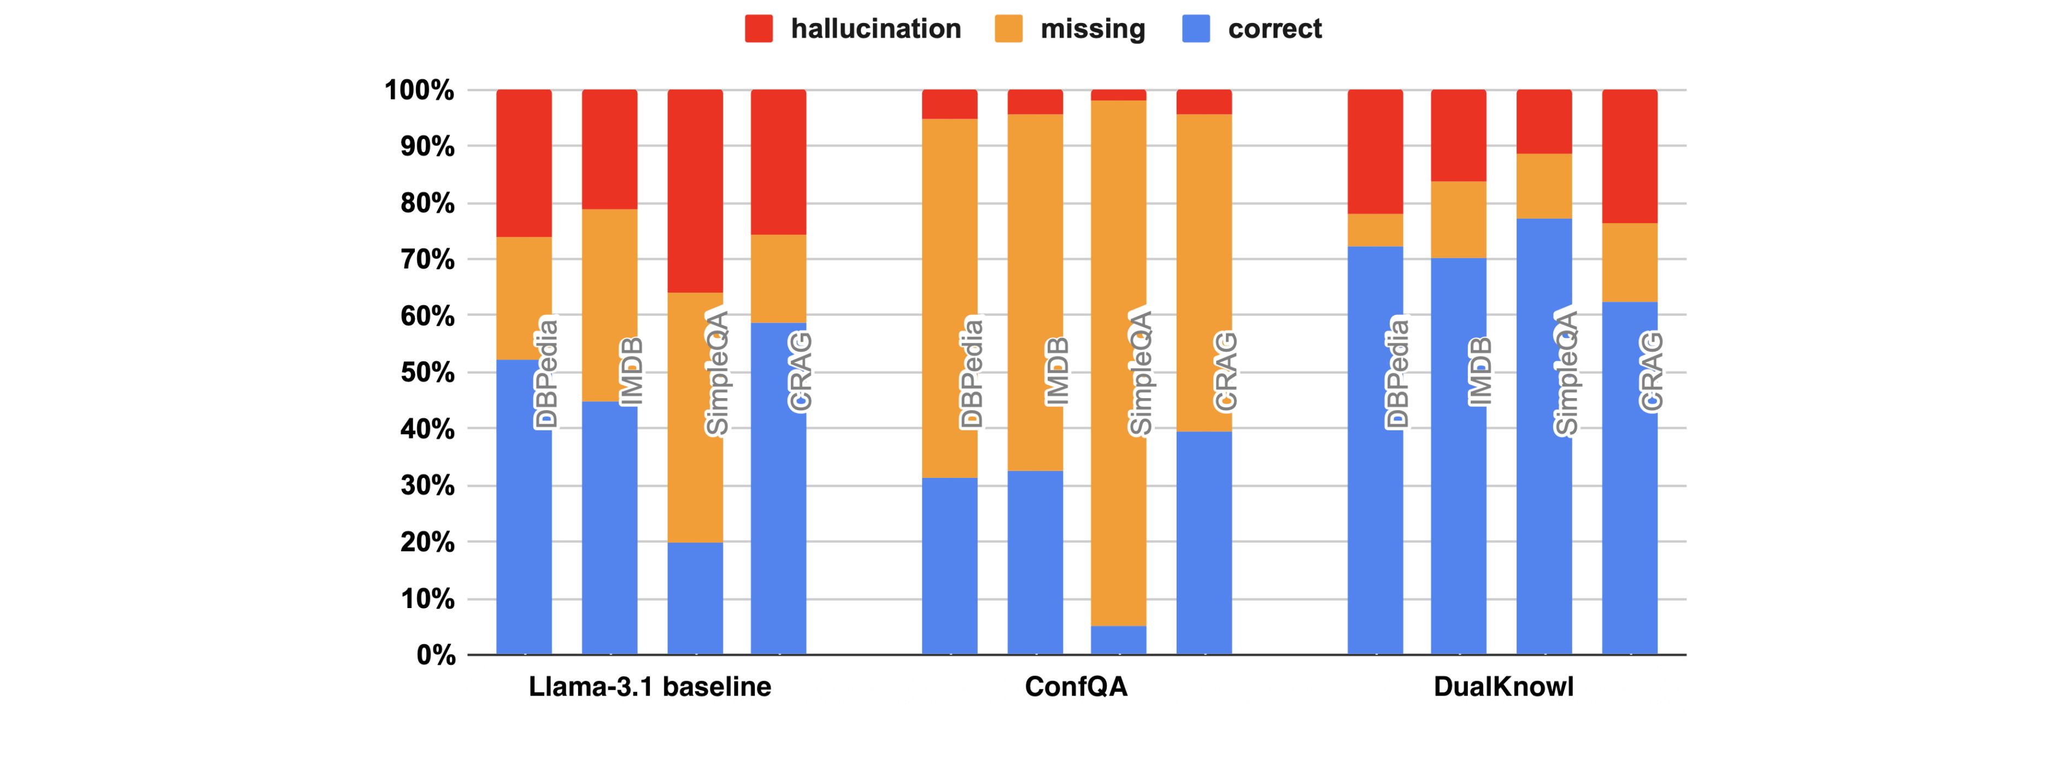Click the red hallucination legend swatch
click(759, 29)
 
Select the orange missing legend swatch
click(1008, 29)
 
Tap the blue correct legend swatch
click(1196, 29)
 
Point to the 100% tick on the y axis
click(419, 90)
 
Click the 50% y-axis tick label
click(427, 373)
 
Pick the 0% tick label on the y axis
click(436, 656)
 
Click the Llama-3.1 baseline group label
click(649, 687)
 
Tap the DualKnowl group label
click(1503, 687)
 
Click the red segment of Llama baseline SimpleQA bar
click(695, 191)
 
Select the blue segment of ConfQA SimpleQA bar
click(1118, 640)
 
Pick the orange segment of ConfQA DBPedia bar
click(950, 241)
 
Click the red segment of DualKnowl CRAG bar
click(1630, 156)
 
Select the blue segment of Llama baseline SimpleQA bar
click(695, 598)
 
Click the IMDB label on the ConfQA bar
click(1056, 371)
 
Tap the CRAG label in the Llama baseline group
click(801, 371)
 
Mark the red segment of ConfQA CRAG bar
click(1204, 102)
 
